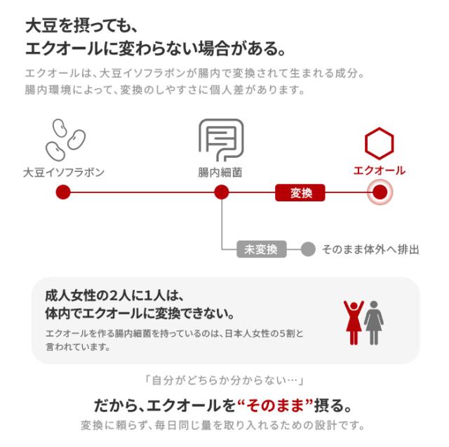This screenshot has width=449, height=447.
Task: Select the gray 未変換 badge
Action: click(261, 249)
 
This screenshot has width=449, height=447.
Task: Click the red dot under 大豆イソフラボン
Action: click(62, 192)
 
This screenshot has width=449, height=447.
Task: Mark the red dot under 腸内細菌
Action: click(221, 192)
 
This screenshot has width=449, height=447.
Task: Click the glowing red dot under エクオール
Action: click(380, 192)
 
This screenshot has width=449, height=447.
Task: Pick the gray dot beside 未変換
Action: click(307, 249)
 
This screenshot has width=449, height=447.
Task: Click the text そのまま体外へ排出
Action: click(370, 249)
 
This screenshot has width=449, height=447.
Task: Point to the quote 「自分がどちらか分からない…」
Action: click(223, 381)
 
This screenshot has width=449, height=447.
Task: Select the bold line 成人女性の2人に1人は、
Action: click(117, 295)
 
